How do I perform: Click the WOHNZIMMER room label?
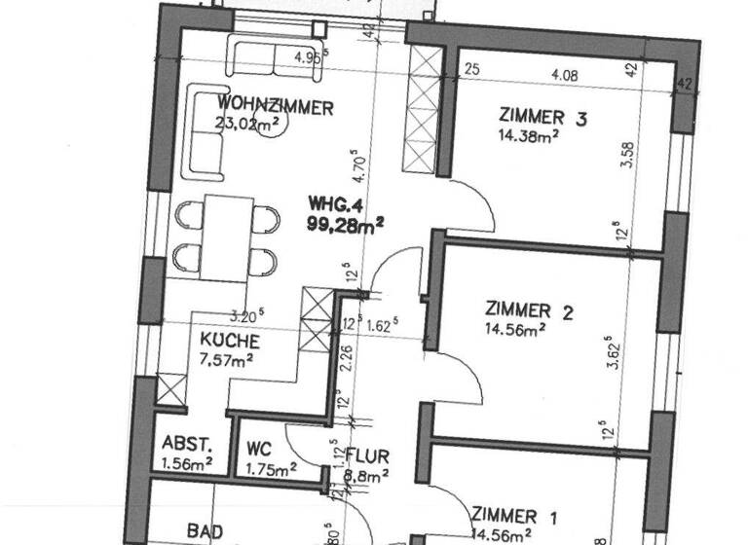[x=276, y=106]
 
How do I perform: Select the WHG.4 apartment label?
[x=337, y=204]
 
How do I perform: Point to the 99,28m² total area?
[x=344, y=223]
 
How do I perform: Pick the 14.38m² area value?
[x=526, y=137]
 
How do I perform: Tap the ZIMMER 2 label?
[x=529, y=311]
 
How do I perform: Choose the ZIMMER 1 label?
[x=516, y=515]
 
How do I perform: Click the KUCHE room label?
[x=230, y=342]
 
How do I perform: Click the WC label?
[x=258, y=450]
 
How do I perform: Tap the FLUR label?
[x=369, y=455]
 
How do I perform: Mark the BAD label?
[x=206, y=531]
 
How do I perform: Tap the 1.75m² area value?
[x=270, y=469]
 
